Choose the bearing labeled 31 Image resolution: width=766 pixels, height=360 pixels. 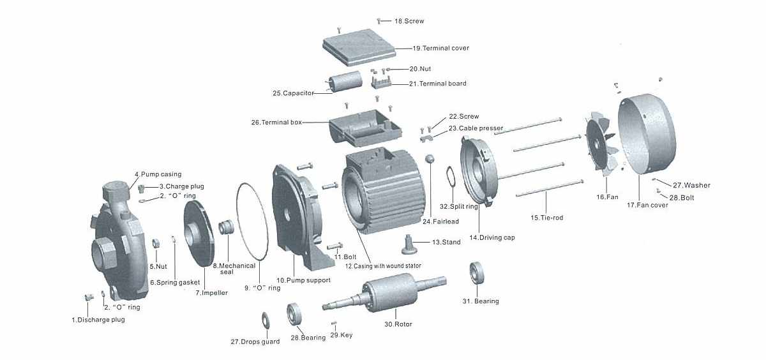point(479,273)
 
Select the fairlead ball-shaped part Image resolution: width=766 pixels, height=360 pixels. point(430,159)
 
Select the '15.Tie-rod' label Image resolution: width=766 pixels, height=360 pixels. point(546,218)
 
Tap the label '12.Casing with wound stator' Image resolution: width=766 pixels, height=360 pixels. point(382,266)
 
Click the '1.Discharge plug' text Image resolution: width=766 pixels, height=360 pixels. point(98,320)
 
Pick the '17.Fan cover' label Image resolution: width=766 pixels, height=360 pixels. point(647,205)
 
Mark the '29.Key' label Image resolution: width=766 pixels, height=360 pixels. point(341,335)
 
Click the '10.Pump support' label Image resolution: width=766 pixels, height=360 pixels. point(303,280)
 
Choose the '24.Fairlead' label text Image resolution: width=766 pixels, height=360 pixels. point(437,221)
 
